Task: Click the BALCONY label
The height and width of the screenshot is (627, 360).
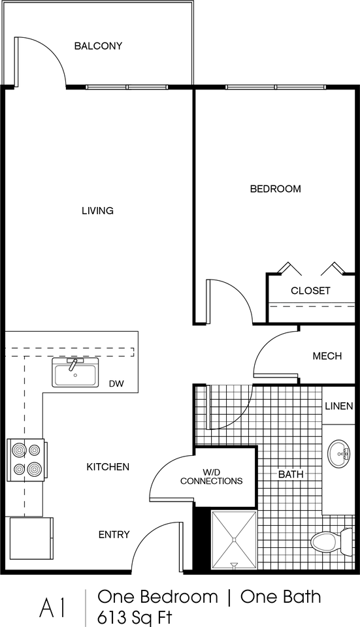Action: click(98, 46)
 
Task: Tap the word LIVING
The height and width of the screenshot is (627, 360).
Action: click(97, 210)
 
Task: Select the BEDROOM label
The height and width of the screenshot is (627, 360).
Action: click(276, 189)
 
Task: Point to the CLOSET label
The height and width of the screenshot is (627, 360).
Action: click(310, 291)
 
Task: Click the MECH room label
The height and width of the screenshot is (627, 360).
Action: click(327, 356)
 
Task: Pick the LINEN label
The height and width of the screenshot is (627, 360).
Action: click(339, 406)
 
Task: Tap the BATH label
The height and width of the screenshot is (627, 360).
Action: click(291, 475)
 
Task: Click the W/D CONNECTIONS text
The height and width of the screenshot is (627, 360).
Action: click(211, 477)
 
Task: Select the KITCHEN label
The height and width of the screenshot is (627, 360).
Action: click(108, 466)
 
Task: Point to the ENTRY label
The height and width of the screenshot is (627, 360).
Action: click(114, 535)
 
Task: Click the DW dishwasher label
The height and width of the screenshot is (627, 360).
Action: click(116, 384)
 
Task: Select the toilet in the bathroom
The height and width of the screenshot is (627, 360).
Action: click(332, 543)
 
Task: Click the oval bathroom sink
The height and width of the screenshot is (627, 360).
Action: click(338, 454)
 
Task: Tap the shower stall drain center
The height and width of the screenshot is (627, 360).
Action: click(234, 540)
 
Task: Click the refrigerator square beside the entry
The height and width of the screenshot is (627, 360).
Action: click(31, 538)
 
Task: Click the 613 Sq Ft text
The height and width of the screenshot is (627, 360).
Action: click(135, 617)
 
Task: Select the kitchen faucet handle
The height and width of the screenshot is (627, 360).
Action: click(73, 364)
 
